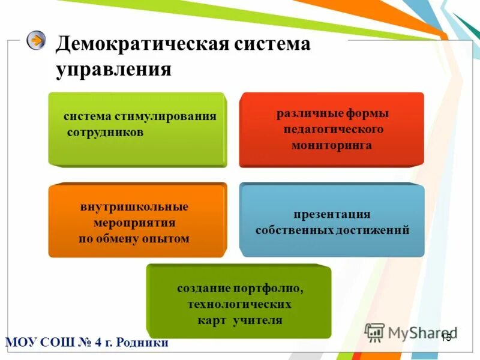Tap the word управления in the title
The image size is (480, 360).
114,69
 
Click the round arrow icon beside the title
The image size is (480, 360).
37,40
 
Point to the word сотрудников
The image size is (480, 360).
105,133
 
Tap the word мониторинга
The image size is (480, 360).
331,145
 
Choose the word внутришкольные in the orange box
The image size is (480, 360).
134,207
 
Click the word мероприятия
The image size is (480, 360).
134,223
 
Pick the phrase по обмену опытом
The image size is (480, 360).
134,239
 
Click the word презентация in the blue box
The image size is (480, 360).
331,214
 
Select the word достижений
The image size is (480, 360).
377,230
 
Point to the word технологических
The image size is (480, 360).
239,304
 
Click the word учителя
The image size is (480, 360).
258,320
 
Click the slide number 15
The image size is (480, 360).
446,338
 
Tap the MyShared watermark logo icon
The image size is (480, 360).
374,332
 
